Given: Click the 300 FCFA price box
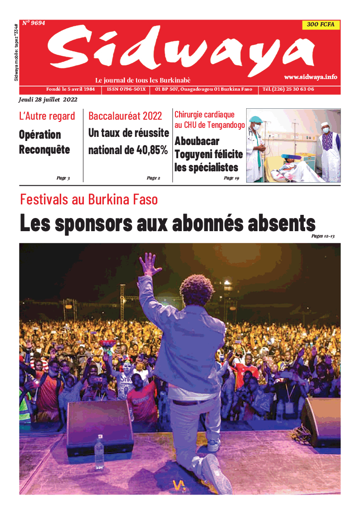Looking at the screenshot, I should (x=321, y=24).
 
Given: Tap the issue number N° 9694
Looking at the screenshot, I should (x=34, y=23).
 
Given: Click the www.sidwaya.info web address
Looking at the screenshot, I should (x=311, y=77).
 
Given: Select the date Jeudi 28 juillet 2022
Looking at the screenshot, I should (x=48, y=100).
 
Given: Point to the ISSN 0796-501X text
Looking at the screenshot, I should (x=126, y=89).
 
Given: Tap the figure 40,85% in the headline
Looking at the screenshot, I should (x=152, y=150).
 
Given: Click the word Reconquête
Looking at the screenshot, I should (x=44, y=150).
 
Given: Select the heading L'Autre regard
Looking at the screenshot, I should (x=47, y=116).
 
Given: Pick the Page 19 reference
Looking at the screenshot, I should (x=231, y=178).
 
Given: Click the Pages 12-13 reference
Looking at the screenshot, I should (x=323, y=236).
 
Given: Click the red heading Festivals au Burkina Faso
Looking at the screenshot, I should (x=89, y=199).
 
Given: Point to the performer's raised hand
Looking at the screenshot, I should (x=149, y=265).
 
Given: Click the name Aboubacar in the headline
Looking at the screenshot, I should (x=197, y=141).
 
